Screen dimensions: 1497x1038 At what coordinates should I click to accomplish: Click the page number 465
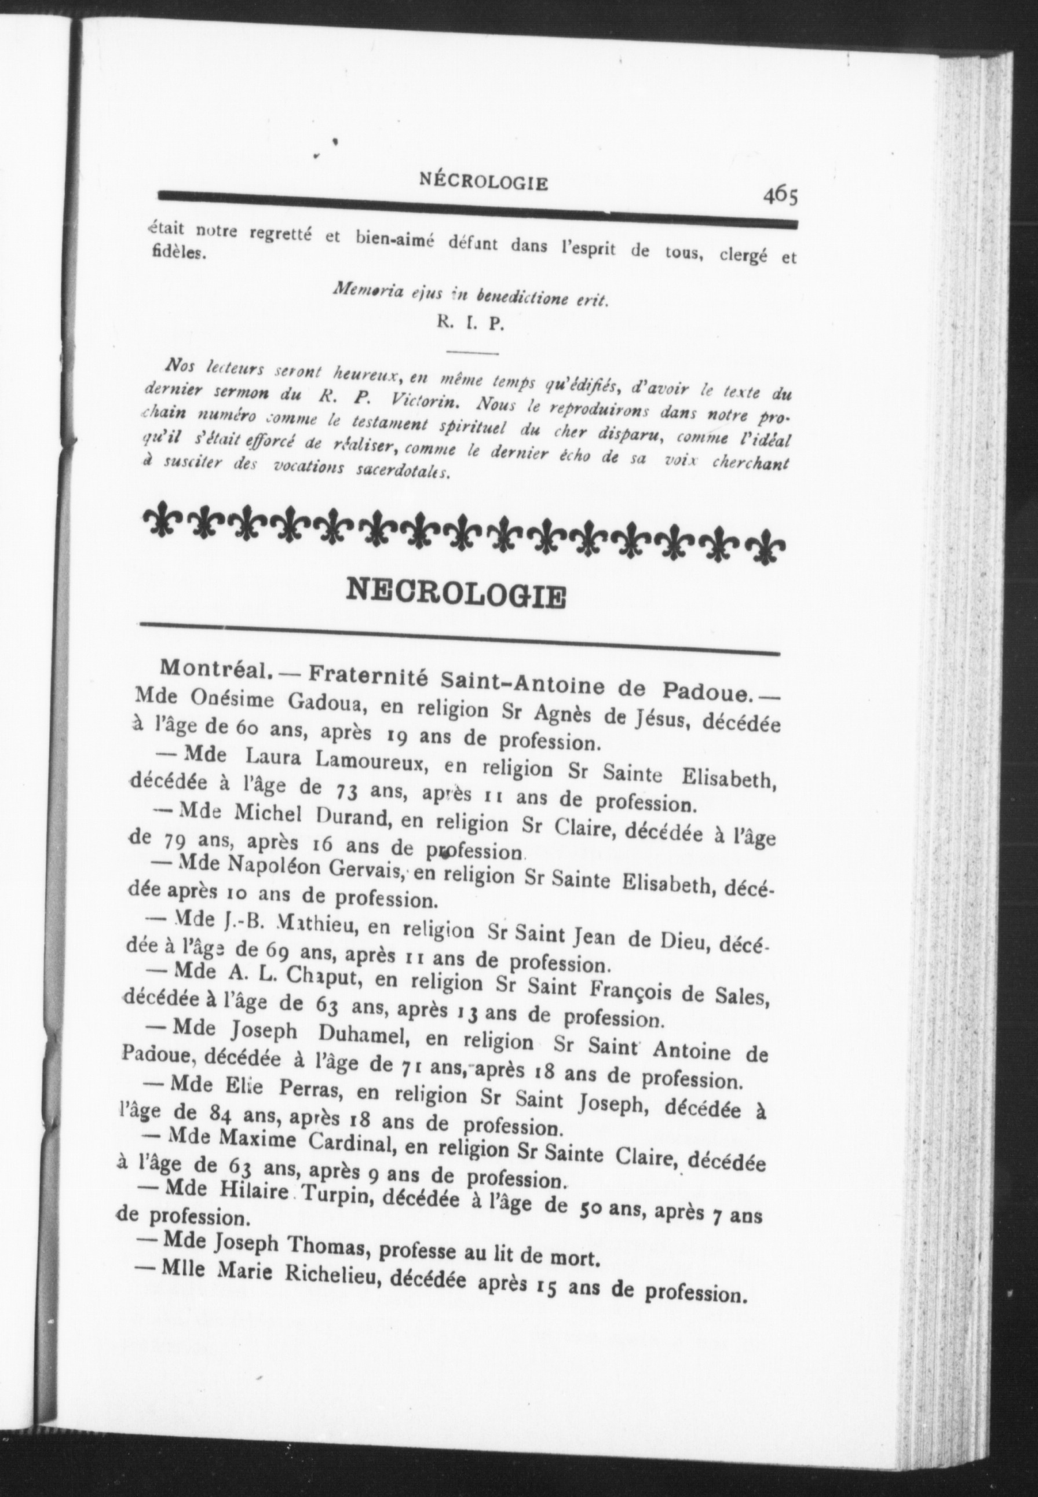pyautogui.click(x=781, y=196)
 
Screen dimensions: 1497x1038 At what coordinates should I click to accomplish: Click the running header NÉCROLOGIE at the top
pyautogui.click(x=484, y=182)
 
